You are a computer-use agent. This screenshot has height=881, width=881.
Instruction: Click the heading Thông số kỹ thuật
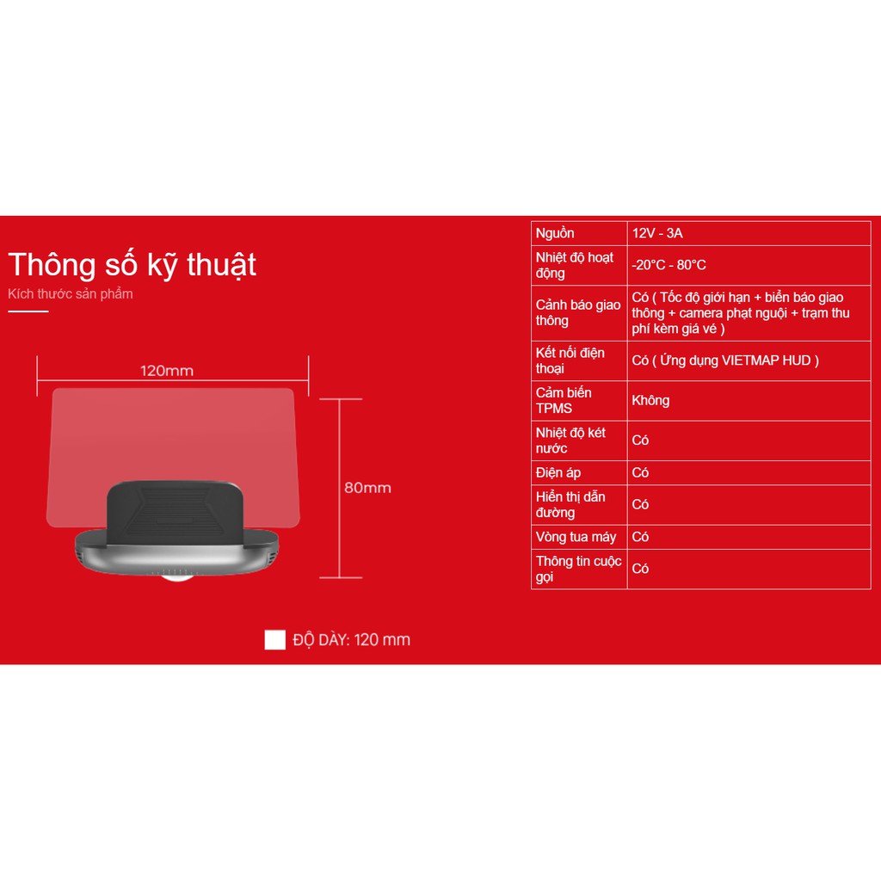pos(132,265)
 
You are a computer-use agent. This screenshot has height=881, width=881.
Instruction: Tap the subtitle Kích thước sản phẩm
pos(71,294)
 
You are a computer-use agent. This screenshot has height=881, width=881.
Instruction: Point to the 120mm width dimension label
pos(167,371)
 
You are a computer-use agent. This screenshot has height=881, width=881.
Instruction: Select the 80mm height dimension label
pos(367,488)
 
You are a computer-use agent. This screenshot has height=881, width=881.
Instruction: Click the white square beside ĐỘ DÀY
pos(274,639)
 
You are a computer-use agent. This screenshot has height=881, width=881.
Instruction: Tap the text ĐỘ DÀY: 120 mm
pos(351,640)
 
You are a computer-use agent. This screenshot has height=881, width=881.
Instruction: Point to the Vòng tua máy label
pos(576,537)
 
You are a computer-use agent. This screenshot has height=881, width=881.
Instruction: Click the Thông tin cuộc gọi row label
pos(578,569)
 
